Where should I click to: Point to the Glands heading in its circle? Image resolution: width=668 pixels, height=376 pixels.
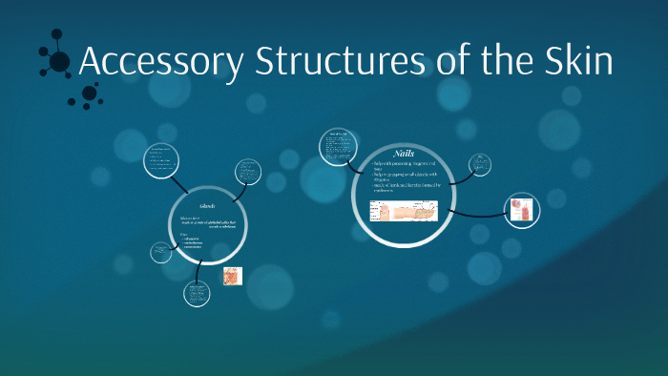click(x=207, y=206)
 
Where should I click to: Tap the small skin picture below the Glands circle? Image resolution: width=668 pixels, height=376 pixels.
click(x=233, y=276)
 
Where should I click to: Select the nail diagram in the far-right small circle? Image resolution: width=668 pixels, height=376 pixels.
click(x=522, y=211)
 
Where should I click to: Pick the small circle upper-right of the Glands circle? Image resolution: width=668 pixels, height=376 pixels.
click(x=250, y=172)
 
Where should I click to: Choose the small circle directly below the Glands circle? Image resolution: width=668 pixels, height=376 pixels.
click(x=198, y=293)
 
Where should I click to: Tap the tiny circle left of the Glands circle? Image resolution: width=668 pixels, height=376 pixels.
click(x=160, y=253)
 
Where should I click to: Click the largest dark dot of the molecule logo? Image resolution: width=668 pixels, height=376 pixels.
click(x=59, y=62)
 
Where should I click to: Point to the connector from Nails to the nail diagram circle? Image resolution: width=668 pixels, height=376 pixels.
click(x=477, y=212)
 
